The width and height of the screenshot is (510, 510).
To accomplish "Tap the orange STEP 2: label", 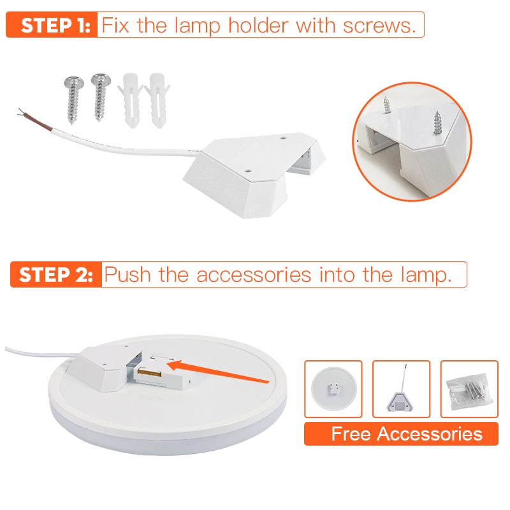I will (x=56, y=275).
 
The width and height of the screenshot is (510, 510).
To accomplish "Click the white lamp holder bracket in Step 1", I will (x=255, y=172).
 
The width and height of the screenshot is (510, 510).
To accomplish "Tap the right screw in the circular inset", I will (x=439, y=121).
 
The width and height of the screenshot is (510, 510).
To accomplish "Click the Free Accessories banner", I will (x=401, y=434).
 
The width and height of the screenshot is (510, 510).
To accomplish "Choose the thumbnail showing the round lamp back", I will (x=333, y=389).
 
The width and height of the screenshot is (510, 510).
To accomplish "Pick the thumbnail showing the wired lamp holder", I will (x=401, y=389).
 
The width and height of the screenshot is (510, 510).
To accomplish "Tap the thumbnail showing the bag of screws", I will (x=469, y=389).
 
